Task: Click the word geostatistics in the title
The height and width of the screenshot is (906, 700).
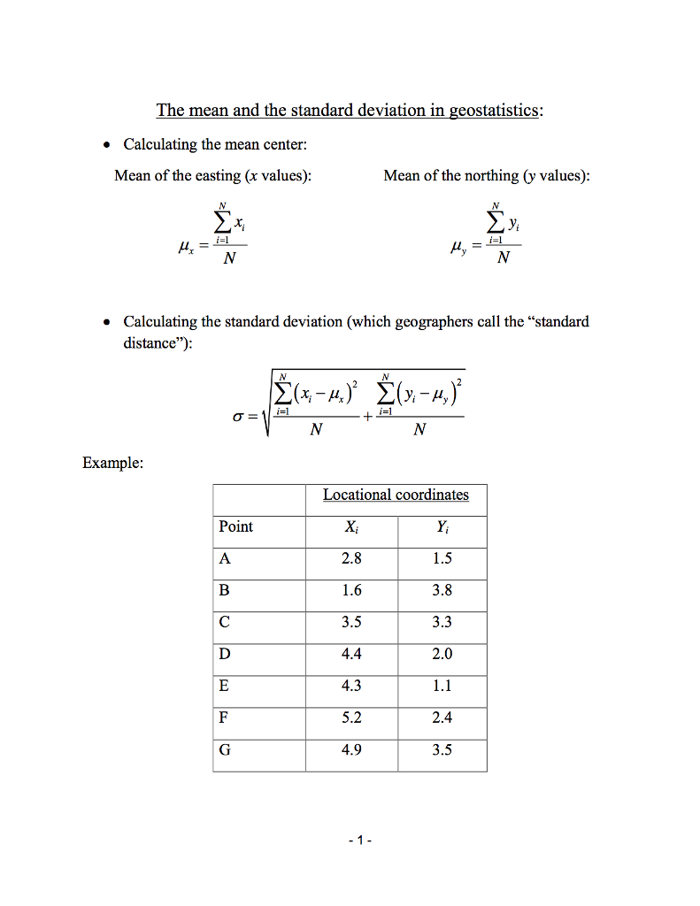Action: pyautogui.click(x=495, y=111)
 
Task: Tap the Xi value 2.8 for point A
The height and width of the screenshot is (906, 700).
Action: pyautogui.click(x=351, y=558)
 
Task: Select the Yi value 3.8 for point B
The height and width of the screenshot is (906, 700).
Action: pyautogui.click(x=442, y=590)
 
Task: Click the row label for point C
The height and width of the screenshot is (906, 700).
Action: pyautogui.click(x=225, y=622)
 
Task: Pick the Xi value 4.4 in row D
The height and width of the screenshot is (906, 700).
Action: pyautogui.click(x=351, y=654)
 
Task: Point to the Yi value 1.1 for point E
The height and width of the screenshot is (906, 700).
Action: pyautogui.click(x=442, y=686)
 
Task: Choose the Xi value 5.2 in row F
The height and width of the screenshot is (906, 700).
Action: pyautogui.click(x=351, y=718)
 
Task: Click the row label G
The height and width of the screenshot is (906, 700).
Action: pyautogui.click(x=225, y=750)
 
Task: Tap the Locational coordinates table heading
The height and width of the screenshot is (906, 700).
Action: pyautogui.click(x=396, y=495)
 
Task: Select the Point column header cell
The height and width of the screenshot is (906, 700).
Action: pyautogui.click(x=236, y=526)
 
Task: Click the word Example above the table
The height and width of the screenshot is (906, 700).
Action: pyautogui.click(x=112, y=462)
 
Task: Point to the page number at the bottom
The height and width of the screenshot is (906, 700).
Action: pyautogui.click(x=356, y=840)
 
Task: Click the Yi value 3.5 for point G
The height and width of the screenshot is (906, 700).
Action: pyautogui.click(x=442, y=750)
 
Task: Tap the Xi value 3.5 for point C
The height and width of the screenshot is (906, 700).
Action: pyautogui.click(x=351, y=622)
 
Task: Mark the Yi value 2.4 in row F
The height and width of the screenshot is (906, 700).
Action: pyautogui.click(x=442, y=718)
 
